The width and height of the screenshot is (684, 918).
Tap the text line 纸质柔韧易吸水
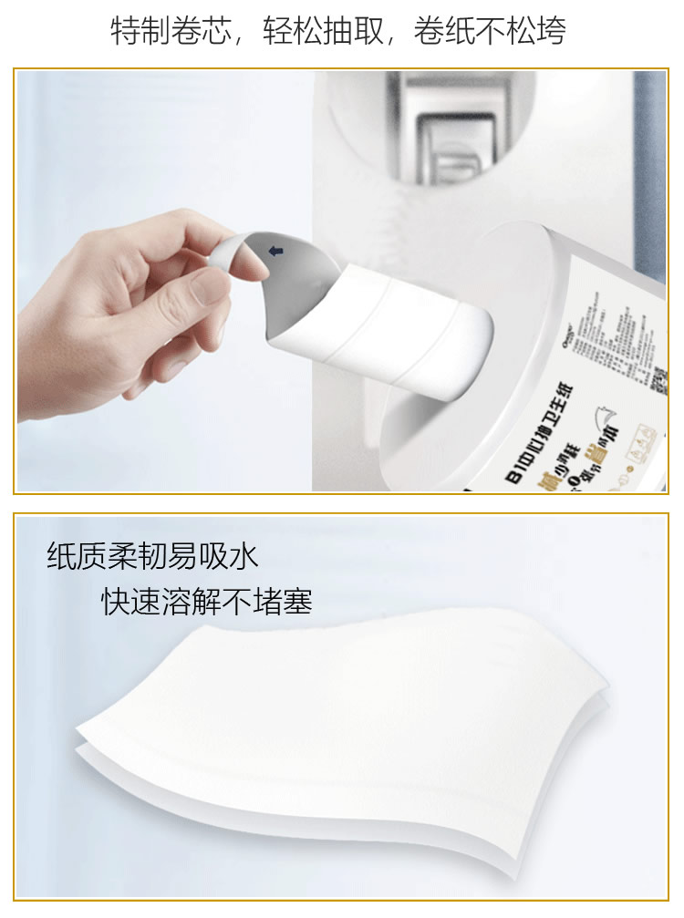152,556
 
